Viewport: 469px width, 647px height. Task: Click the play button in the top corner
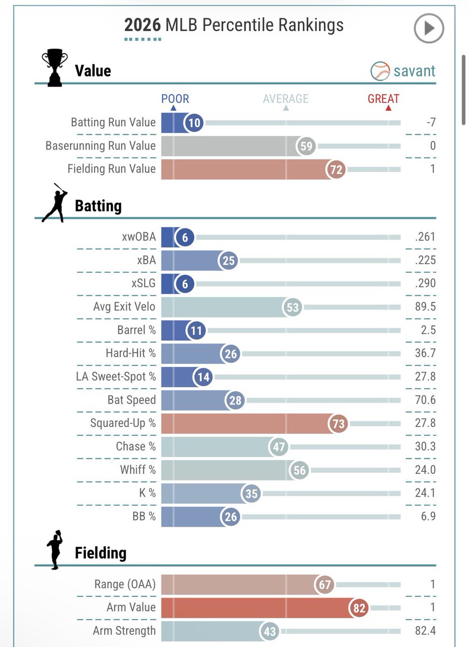coord(429,28)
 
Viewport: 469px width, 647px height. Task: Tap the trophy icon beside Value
coord(55,67)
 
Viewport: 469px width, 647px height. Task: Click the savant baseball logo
coord(380,71)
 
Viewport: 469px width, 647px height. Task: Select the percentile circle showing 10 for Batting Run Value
coord(194,123)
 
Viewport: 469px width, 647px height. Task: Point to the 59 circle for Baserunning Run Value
coord(306,146)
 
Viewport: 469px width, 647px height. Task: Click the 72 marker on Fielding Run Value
coord(336,169)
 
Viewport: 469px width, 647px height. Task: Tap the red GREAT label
coord(383,99)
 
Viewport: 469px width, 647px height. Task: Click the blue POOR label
coord(175,99)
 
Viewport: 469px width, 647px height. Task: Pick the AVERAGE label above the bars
coord(286,99)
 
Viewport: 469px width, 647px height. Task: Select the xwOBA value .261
coord(425,237)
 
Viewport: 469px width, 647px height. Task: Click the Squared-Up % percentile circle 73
coord(338,424)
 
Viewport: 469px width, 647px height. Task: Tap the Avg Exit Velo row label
coord(124,306)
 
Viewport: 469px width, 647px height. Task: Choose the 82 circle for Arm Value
coord(359,608)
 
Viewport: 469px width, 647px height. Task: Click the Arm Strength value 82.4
coord(425,630)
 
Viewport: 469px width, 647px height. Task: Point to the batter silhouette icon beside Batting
coord(55,203)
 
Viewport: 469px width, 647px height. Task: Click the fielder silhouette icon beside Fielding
coord(55,549)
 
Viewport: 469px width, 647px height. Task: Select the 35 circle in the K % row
coord(251,494)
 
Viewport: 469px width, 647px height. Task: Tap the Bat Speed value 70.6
coord(425,400)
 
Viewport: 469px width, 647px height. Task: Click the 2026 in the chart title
coord(142,25)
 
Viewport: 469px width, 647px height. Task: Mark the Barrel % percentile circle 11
coord(196,331)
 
